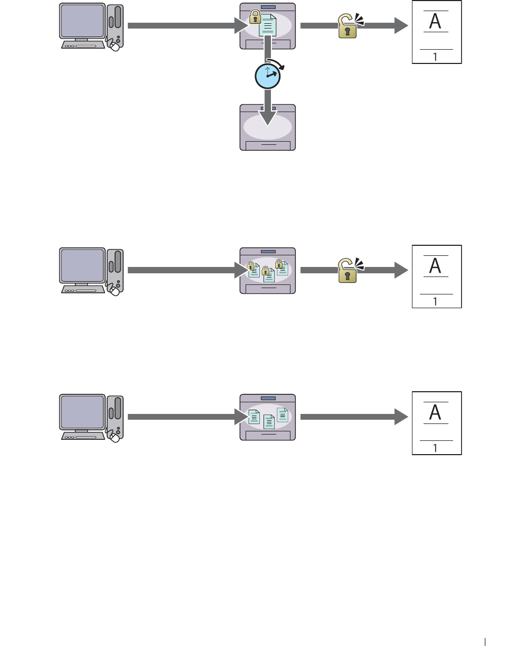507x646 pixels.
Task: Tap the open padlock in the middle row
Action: point(346,271)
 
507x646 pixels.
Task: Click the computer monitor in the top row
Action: point(82,20)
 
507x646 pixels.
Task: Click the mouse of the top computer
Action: point(114,47)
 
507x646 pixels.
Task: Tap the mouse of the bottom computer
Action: point(114,437)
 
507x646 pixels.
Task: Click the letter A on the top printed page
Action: point(435,21)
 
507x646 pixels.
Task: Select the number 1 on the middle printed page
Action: point(435,301)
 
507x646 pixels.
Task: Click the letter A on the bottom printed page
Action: point(435,412)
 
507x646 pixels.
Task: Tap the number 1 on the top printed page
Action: point(435,57)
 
